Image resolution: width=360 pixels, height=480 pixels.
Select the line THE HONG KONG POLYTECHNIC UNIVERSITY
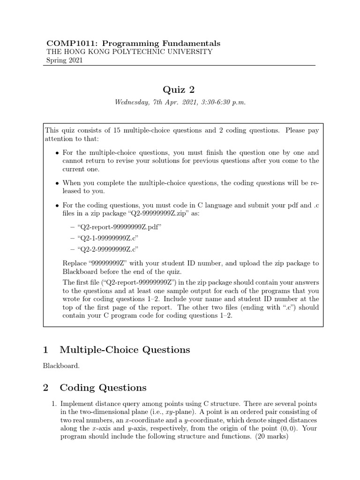pos(129,52)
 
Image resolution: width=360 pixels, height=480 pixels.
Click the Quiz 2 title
pos(180,90)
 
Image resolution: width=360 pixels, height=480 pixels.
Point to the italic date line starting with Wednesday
pos(180,102)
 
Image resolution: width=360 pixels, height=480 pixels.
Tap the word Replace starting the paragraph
pos(74,263)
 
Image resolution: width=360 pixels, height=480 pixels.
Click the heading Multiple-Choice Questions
pos(125,350)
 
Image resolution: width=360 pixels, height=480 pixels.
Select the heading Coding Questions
pos(103,388)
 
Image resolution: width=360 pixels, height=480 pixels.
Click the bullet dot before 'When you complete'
pos(57,183)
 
